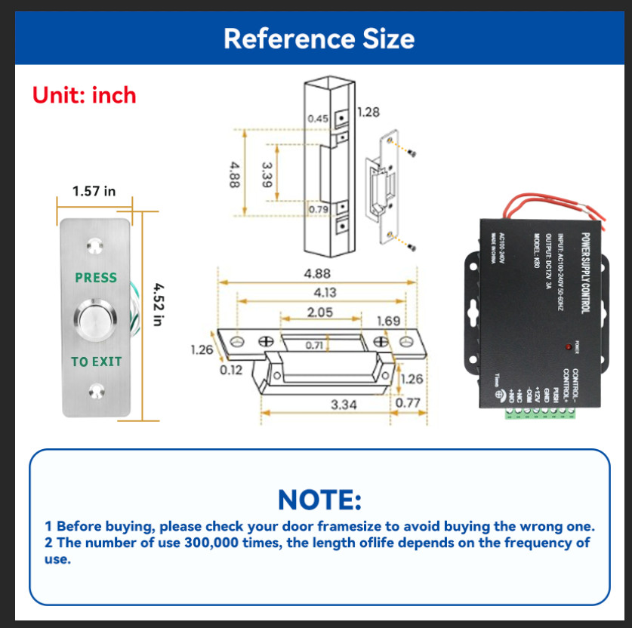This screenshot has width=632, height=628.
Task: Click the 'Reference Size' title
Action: pos(319,38)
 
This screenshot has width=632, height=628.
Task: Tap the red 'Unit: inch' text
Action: pos(84,95)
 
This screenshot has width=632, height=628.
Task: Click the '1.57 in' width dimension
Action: pos(94,191)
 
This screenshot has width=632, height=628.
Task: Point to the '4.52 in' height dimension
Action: pos(158,304)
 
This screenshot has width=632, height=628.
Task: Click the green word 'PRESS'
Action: pos(96,278)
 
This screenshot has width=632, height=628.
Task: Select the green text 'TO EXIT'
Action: pos(96,362)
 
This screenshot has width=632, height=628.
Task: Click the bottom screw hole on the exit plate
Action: pos(95,390)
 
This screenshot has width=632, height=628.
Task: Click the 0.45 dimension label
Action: pos(318,119)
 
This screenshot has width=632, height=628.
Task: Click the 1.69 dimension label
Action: pos(388,322)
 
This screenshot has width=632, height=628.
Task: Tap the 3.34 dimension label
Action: pos(344,405)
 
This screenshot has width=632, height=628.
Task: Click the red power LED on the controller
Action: pos(566,347)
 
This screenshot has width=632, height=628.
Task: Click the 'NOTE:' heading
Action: pos(319,499)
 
